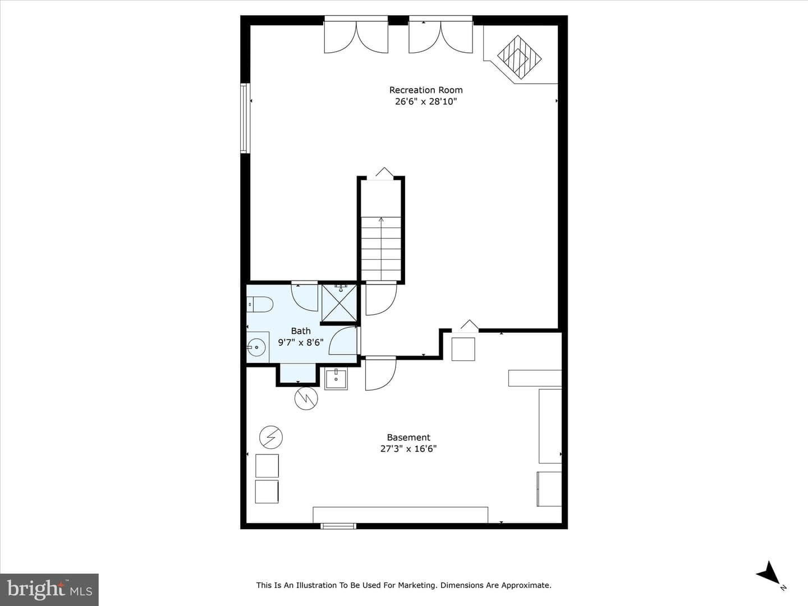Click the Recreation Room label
pos(426,90)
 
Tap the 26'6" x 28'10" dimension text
pos(426,102)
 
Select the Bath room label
pos(301,331)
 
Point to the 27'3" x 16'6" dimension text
pos(408,449)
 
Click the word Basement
pos(408,438)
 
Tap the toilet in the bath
pos(260,304)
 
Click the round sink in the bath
pos(256,347)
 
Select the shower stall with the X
pos(339,303)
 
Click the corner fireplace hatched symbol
pos(520,57)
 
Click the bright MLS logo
pos(49,590)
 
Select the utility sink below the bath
pos(336,379)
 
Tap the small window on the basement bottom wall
pos(338,526)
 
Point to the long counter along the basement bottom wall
pos(401,515)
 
